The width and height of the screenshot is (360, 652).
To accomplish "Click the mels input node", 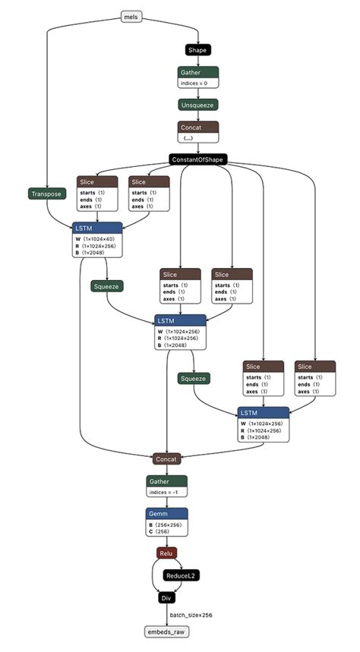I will click(132, 16).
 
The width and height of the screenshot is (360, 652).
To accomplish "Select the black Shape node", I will click(197, 50).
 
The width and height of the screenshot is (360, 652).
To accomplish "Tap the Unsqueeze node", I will click(198, 105).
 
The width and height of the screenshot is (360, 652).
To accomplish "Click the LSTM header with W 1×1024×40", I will click(97, 228).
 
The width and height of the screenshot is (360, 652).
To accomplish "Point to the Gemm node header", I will click(167, 514).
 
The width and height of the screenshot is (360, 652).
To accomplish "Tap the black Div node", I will click(167, 599).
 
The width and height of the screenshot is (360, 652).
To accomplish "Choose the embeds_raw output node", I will click(167, 632).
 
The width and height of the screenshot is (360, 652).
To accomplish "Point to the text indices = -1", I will click(166, 493).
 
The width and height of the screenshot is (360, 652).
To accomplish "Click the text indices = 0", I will click(197, 83).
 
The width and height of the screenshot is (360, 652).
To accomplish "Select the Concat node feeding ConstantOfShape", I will click(198, 127).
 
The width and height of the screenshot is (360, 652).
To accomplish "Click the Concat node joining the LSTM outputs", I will click(167, 459).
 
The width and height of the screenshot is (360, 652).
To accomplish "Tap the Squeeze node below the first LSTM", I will click(107, 286).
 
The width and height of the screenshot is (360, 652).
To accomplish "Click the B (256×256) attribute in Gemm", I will click(166, 524).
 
